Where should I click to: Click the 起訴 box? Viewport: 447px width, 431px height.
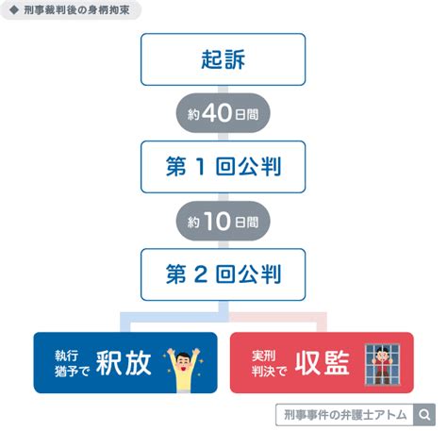223,59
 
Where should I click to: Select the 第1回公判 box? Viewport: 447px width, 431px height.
223,167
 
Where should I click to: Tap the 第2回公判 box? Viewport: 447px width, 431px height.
223,274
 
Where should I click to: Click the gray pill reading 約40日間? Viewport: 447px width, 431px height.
223,113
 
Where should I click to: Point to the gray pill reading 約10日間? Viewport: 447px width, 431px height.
223,221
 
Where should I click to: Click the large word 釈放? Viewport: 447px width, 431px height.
124,363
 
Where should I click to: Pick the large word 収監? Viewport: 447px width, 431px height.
323,363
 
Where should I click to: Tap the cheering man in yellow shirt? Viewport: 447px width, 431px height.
183,370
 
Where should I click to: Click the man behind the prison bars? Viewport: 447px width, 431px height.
382,365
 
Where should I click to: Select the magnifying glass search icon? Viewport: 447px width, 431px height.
424,415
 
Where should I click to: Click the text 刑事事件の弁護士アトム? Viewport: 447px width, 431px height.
345,415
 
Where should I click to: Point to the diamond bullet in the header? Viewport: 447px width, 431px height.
14,10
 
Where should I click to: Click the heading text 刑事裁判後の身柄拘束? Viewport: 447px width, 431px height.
76,10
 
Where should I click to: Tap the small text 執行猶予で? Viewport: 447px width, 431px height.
73,363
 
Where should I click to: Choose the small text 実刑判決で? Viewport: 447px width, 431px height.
270,363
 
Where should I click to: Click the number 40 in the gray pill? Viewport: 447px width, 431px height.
217,113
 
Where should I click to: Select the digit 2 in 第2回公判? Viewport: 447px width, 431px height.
201,274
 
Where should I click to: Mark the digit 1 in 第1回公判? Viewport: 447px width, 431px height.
201,167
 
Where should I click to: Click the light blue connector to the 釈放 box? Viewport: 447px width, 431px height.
173,317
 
